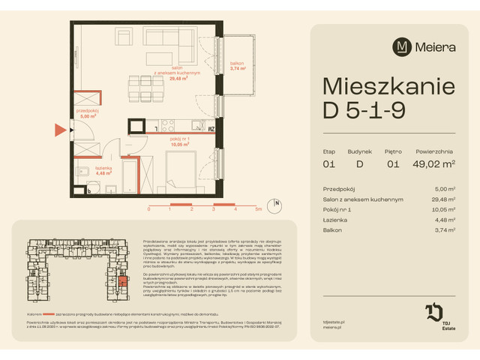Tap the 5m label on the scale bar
coord(257,210)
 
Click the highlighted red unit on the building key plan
coord(125,283)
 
